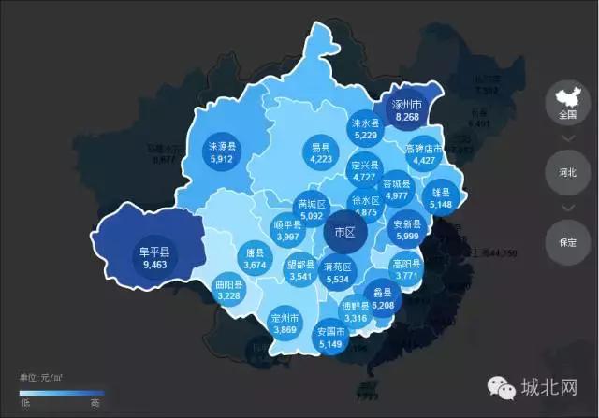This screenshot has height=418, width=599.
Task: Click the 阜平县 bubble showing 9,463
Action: [x=153, y=257]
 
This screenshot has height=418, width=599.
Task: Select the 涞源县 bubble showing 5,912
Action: [x=222, y=152]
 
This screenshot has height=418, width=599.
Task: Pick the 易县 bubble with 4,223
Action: [x=321, y=152]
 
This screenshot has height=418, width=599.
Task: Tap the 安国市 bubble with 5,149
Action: [x=331, y=337]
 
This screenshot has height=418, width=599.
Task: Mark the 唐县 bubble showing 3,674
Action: [x=256, y=259]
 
